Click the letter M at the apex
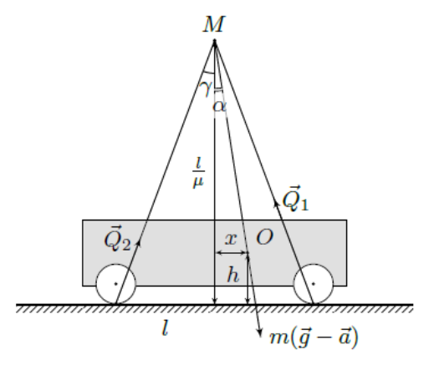point(213,24)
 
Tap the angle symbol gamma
point(207,88)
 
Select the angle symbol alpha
point(220,106)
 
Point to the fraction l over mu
point(198,173)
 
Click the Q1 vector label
point(295,198)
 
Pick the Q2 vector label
point(117,239)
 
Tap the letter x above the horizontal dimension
point(231,239)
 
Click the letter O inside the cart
point(264,237)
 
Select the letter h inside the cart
point(232,275)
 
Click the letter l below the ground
point(166,327)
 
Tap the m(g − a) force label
point(314,337)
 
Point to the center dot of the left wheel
point(115,284)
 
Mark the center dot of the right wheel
point(314,284)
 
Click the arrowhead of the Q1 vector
point(276,204)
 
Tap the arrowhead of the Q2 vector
point(138,243)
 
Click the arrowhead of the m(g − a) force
point(259,333)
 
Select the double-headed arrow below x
point(232,253)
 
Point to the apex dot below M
point(214,42)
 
